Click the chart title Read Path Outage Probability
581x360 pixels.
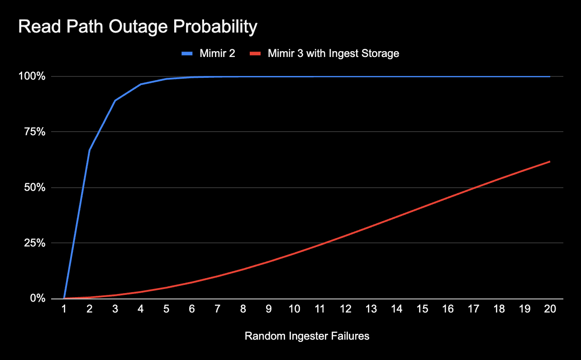(x=138, y=27)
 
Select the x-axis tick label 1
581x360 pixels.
(x=64, y=309)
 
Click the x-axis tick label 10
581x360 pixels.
(x=294, y=309)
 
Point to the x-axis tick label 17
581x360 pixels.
(x=473, y=309)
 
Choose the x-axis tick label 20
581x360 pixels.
(x=550, y=309)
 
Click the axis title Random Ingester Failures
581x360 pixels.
(x=307, y=336)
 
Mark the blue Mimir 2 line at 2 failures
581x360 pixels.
(x=90, y=150)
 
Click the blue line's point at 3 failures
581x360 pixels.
(x=115, y=100)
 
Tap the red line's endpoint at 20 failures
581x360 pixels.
(x=550, y=161)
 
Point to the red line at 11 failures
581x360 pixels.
(x=320, y=245)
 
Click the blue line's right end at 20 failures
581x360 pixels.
(x=550, y=76)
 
